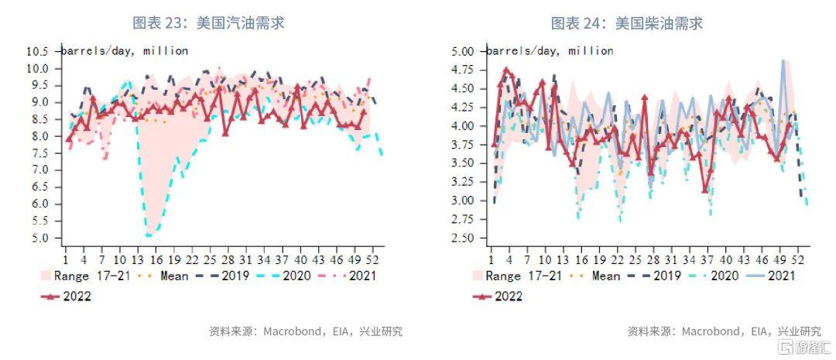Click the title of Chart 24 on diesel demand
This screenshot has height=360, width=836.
[x=627, y=23]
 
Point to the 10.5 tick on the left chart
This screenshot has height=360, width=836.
[x=37, y=52]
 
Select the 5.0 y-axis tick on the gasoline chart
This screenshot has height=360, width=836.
[x=39, y=238]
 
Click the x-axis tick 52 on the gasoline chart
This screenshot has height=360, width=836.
[x=375, y=260]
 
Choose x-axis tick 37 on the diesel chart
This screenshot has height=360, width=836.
[x=709, y=260]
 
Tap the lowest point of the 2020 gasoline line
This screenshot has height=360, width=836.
[x=148, y=235]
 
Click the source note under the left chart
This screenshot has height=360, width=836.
[x=306, y=331]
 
